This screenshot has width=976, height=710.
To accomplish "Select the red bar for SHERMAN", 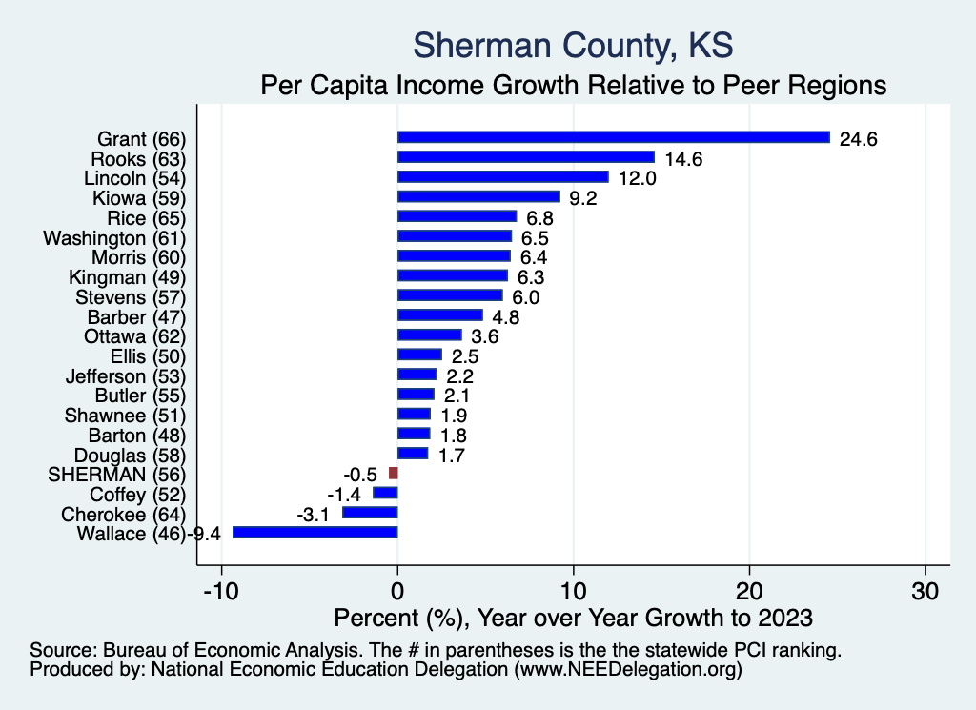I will coord(393,474).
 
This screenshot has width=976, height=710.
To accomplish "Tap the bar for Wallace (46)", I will coord(315,533).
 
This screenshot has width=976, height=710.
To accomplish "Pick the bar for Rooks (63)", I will coord(525,158).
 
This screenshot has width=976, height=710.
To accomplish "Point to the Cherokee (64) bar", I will coord(370,513).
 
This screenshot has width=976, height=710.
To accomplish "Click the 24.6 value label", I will coord(858,139).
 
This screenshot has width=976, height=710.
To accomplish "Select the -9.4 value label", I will coord(205,534).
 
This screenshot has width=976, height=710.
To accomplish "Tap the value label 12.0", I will coord(638,178).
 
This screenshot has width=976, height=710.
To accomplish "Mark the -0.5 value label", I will coord(360,475).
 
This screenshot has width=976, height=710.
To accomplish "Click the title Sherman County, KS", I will coord(573,45).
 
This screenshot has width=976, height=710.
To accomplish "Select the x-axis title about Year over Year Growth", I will coord(573,618).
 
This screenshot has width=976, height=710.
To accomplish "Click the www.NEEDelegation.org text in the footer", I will coord(627,670).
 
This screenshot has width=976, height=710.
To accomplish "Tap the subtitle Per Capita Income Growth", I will coord(573,85).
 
